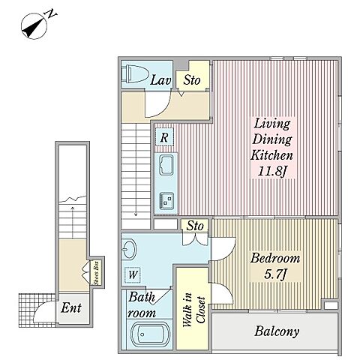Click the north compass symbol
click(x=34, y=26)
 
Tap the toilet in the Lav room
click(x=134, y=73)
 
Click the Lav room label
click(x=160, y=80)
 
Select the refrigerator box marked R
click(x=164, y=136)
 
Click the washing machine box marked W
click(x=133, y=275)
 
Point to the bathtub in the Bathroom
click(x=150, y=335)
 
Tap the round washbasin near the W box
click(x=129, y=249)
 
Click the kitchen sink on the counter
click(x=166, y=164)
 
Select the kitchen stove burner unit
click(x=166, y=201)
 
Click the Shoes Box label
click(x=96, y=273)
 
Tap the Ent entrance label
click(x=71, y=307)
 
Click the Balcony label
click(x=277, y=331)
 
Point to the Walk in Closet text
click(x=193, y=310)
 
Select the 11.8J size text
click(x=271, y=172)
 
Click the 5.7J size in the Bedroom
click(x=275, y=274)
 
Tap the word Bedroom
click(x=275, y=258)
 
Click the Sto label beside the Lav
click(x=192, y=80)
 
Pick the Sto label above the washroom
click(x=195, y=226)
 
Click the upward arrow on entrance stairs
click(x=73, y=222)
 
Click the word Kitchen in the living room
click(x=271, y=155)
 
